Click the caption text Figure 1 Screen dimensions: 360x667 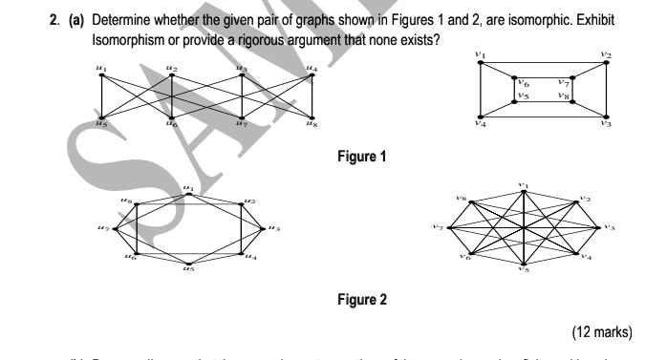click(362, 157)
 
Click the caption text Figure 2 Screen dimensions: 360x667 click(362, 299)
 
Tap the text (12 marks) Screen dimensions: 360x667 click(601, 332)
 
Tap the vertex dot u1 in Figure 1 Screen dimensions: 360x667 click(102, 74)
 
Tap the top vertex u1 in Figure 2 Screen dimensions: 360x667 click(189, 194)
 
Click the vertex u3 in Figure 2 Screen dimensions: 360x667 click(265, 229)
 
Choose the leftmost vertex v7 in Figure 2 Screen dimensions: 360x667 click(450, 229)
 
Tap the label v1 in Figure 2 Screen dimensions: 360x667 click(523, 183)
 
